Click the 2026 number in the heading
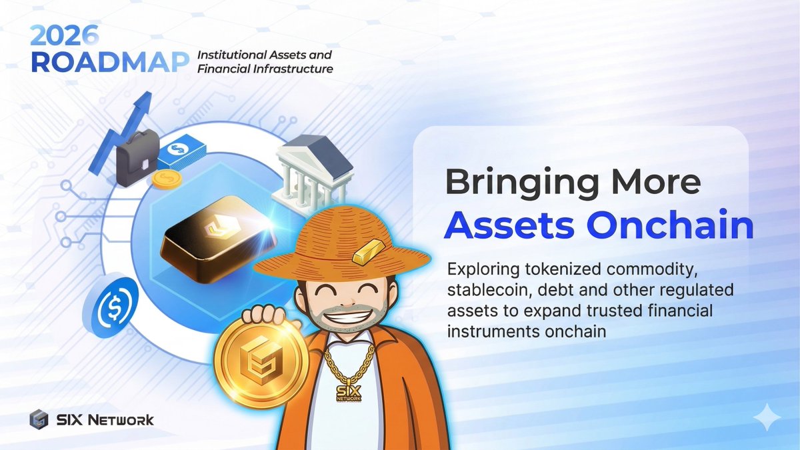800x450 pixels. pos(65,33)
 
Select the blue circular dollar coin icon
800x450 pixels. pos(115,306)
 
